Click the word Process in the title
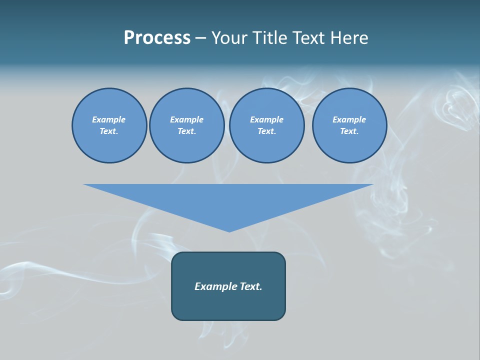[x=157, y=38]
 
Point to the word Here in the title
[x=349, y=38]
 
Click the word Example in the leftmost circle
[x=109, y=119]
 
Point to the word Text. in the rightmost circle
[x=349, y=131]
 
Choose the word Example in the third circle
[x=266, y=119]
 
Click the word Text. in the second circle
[x=186, y=131]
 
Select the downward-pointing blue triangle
[x=228, y=200]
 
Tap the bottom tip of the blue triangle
[x=229, y=231]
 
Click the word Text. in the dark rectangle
[x=250, y=286]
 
